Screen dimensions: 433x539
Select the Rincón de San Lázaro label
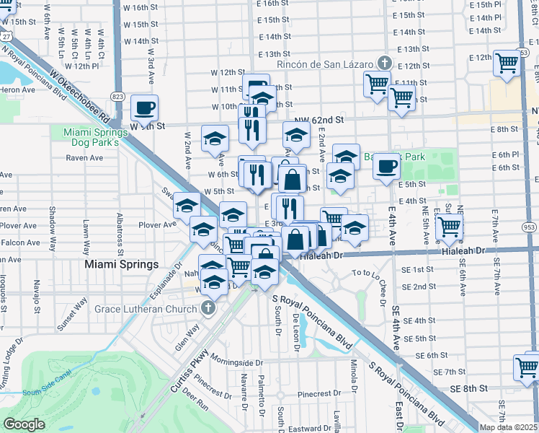click(x=328, y=63)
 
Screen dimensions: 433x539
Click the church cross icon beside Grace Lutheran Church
click(x=208, y=309)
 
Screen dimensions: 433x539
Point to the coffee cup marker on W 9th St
click(x=144, y=108)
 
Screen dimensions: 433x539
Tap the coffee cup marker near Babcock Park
click(x=386, y=167)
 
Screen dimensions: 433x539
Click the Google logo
click(x=23, y=424)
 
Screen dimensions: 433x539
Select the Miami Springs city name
click(x=121, y=264)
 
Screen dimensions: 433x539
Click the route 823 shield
click(x=119, y=96)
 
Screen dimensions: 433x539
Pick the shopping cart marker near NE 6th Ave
click(x=450, y=227)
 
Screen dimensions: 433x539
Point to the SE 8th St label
click(x=465, y=388)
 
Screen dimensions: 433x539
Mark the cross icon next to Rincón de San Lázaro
click(x=385, y=63)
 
